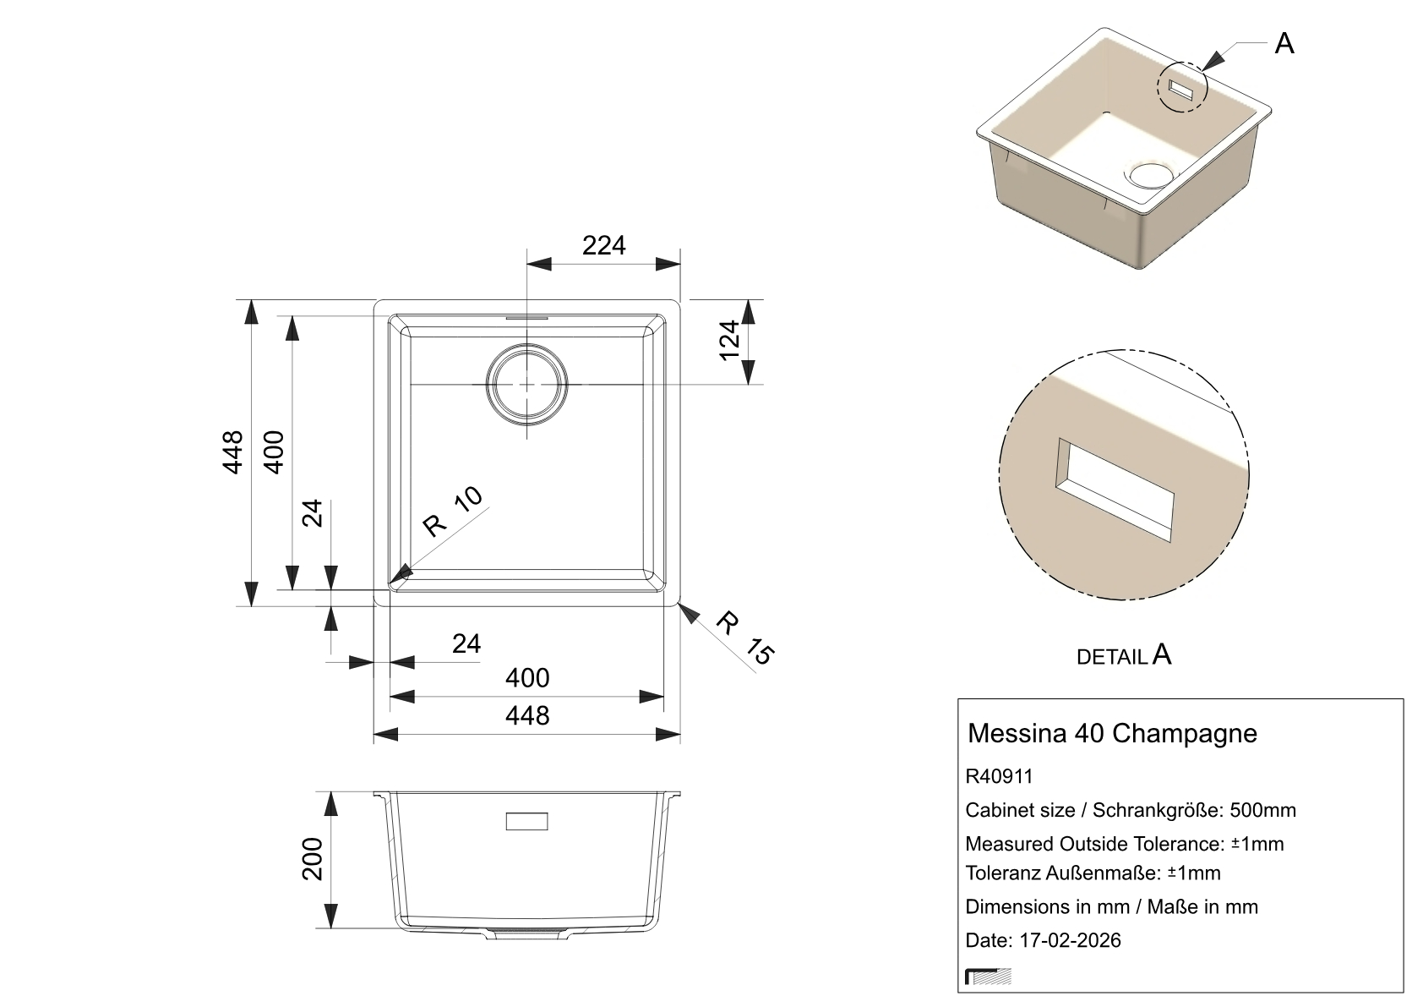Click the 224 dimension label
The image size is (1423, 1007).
click(x=603, y=245)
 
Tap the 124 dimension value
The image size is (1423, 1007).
click(x=730, y=340)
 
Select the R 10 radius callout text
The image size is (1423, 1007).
click(x=452, y=512)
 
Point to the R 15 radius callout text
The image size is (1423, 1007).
click(x=745, y=638)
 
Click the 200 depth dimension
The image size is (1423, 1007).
click(x=312, y=859)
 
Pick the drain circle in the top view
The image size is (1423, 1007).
click(x=526, y=385)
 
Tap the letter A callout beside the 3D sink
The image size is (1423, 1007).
click(x=1284, y=44)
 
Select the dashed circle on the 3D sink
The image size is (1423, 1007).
click(x=1181, y=87)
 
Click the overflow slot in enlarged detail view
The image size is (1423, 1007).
click(x=1115, y=490)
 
